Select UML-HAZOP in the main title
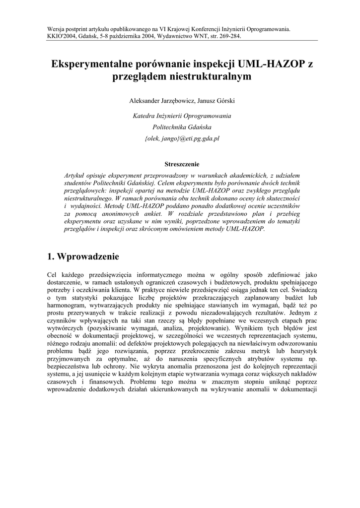click(271, 64)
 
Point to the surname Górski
click(223, 101)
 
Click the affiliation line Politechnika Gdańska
click(180, 127)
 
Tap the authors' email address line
click(180, 139)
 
